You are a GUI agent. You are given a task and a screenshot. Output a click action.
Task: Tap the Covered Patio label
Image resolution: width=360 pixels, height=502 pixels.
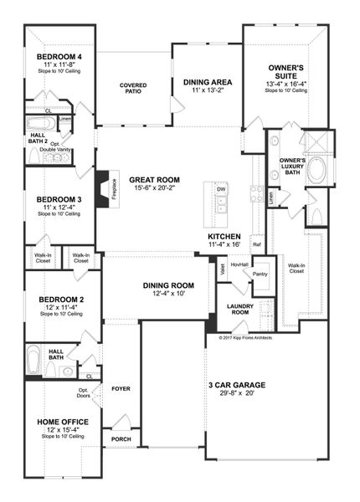click(133, 88)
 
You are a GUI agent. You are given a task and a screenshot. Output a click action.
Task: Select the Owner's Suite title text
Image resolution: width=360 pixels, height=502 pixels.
click(285, 66)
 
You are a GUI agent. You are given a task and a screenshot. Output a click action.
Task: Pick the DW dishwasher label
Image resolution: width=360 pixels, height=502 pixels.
click(221, 190)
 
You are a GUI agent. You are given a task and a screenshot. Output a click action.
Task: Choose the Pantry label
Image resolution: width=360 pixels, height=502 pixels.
click(260, 274)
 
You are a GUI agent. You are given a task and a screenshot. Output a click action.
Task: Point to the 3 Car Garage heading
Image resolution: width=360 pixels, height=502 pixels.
click(237, 385)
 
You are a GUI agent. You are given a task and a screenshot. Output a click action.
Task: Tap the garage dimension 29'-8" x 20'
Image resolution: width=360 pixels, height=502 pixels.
click(237, 394)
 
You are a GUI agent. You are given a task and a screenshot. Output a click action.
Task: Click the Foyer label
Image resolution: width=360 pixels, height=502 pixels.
click(121, 387)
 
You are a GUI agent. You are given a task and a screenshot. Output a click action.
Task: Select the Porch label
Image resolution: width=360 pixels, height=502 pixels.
click(121, 438)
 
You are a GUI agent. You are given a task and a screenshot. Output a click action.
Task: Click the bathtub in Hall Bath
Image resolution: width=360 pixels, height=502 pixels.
click(34, 361)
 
